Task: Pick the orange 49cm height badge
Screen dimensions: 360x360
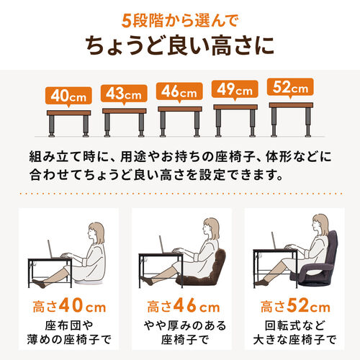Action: (x=234, y=90)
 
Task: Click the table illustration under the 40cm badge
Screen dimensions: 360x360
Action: (x=68, y=122)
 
